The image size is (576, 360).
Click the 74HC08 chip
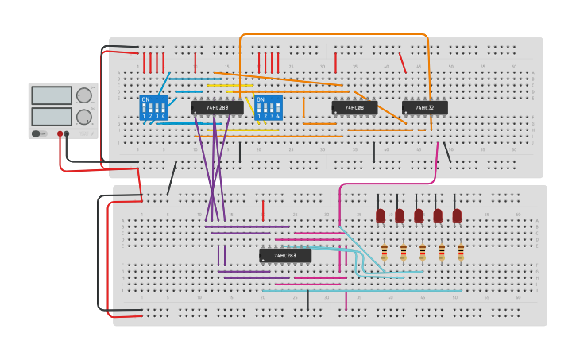tap(354, 107)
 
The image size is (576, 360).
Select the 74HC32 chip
tap(425, 107)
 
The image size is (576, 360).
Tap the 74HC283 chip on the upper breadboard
tap(218, 107)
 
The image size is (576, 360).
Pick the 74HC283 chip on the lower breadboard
tap(285, 255)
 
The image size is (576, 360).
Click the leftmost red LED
tap(381, 215)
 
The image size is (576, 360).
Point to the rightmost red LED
tap(457, 215)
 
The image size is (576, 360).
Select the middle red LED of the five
tap(419, 215)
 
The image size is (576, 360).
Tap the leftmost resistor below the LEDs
tap(385, 252)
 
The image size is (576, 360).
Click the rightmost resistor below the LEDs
tap(461, 252)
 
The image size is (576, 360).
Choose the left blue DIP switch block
tap(153, 108)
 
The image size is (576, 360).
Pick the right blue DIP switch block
tap(269, 108)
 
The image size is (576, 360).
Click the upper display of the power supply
tap(52, 95)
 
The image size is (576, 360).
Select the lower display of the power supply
tap(52, 116)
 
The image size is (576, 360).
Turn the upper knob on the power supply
tap(83, 95)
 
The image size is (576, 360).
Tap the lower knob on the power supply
tap(83, 117)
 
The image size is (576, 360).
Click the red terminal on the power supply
tap(60, 134)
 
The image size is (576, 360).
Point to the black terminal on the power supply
tap(67, 134)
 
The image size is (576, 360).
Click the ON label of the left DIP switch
tap(145, 99)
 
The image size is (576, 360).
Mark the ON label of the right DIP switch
tap(261, 99)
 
